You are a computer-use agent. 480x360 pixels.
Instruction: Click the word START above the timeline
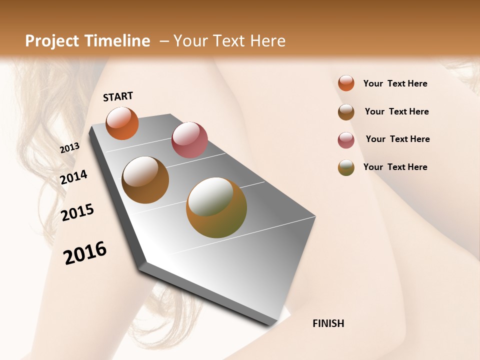tap(118, 96)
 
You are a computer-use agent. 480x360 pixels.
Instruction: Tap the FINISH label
tap(328, 323)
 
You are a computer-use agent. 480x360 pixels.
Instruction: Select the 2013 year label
tap(70, 148)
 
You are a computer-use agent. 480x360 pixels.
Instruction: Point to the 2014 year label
tap(74, 177)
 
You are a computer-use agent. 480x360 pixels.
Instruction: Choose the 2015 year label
tap(77, 212)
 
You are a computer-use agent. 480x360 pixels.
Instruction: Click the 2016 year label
tap(85, 253)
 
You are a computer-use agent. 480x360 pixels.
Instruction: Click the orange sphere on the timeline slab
tap(122, 123)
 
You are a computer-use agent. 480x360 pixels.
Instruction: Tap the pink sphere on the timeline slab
tap(189, 140)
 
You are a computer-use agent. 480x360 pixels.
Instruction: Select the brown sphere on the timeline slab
tap(145, 180)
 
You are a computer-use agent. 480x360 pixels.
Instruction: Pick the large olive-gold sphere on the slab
tap(216, 207)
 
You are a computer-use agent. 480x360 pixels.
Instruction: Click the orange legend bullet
tap(346, 83)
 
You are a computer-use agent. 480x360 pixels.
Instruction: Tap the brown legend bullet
tap(346, 112)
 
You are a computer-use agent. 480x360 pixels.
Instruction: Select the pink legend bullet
tap(346, 140)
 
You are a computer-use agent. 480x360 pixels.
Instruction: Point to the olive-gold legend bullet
tap(346, 167)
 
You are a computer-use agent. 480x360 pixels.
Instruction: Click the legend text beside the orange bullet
tap(395, 83)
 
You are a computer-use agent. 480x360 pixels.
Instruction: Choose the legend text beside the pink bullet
tap(397, 139)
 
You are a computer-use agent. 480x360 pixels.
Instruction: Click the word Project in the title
tap(52, 41)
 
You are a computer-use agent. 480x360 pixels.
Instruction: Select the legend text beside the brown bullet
tap(396, 111)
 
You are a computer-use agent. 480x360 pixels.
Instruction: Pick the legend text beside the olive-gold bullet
tap(395, 167)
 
